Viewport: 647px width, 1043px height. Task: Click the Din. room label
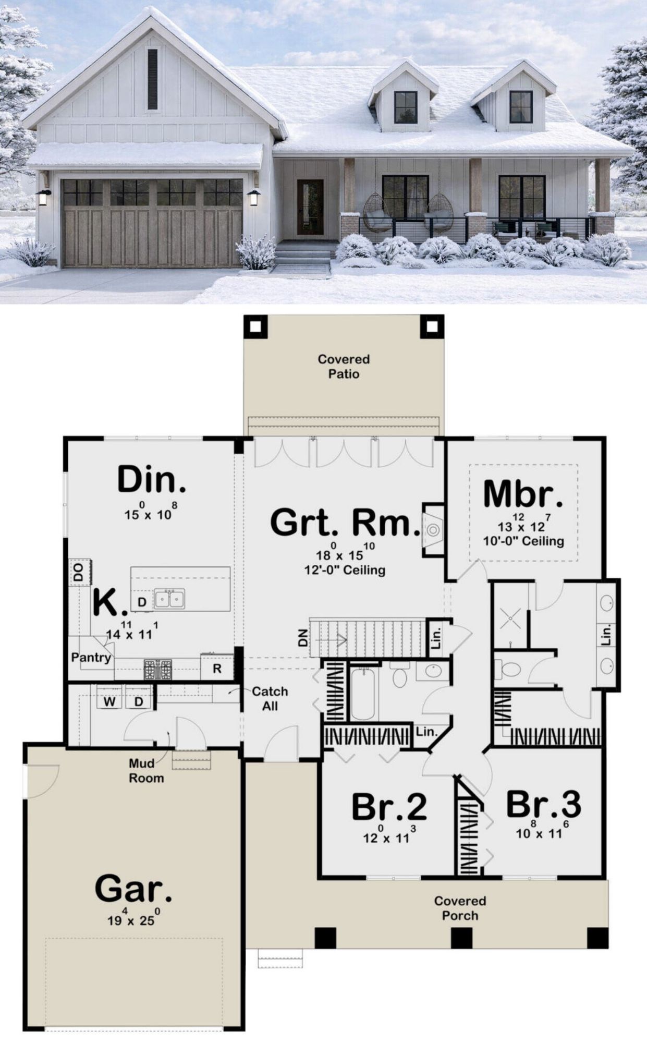coord(151,480)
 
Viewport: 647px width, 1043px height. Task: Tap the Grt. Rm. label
coord(345,523)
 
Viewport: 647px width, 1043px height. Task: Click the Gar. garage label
coord(133,889)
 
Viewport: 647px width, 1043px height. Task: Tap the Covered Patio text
coord(344,367)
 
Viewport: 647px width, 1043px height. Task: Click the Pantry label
coord(91,658)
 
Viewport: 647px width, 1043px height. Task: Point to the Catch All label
coord(270,699)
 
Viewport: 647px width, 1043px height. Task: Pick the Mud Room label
coord(147,771)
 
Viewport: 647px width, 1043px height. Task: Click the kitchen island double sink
coord(169,600)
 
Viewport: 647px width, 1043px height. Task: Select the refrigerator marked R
coord(217,668)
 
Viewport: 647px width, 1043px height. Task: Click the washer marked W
coord(109,701)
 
